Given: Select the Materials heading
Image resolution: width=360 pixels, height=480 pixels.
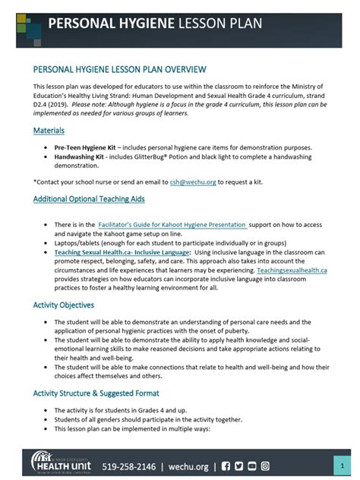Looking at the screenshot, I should click(49, 131).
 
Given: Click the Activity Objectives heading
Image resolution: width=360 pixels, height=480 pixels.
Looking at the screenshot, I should click(64, 305).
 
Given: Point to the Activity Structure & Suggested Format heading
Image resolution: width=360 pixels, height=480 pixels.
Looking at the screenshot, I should click(96, 393).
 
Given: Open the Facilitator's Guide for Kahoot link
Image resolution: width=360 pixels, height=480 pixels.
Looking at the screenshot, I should click(173, 226).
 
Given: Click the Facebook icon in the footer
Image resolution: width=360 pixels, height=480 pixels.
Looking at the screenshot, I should click(227, 465).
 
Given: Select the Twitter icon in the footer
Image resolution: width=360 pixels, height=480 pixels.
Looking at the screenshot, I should click(239, 465).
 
